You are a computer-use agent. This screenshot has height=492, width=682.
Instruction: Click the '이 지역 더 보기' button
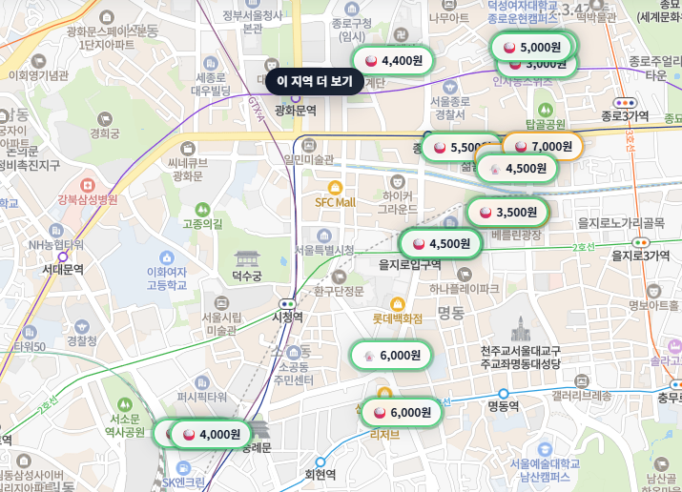click(x=315, y=82)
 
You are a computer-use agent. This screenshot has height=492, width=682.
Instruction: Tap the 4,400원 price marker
click(x=392, y=61)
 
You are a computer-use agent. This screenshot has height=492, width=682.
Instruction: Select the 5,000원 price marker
click(x=534, y=46)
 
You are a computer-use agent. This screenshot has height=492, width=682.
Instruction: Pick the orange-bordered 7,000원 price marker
click(x=544, y=146)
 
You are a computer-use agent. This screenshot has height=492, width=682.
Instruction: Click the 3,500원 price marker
click(x=508, y=212)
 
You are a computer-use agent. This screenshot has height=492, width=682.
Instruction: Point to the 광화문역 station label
click(x=295, y=111)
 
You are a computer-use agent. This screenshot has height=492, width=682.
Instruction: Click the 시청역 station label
click(x=287, y=317)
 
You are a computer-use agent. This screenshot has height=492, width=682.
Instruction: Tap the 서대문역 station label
click(x=63, y=269)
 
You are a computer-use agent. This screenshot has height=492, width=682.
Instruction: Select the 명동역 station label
click(x=503, y=406)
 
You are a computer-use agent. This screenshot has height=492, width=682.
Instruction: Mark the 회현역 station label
click(x=320, y=473)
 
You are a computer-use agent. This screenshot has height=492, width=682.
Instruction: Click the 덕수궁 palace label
click(x=246, y=277)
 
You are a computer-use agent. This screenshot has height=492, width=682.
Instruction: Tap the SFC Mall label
click(x=335, y=202)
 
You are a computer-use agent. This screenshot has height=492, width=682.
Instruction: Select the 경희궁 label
click(x=104, y=133)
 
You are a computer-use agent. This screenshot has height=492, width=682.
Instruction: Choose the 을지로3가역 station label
click(x=641, y=255)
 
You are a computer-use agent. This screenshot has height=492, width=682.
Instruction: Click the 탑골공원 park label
click(x=546, y=124)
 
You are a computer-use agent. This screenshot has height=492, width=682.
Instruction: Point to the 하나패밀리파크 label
click(x=464, y=288)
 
